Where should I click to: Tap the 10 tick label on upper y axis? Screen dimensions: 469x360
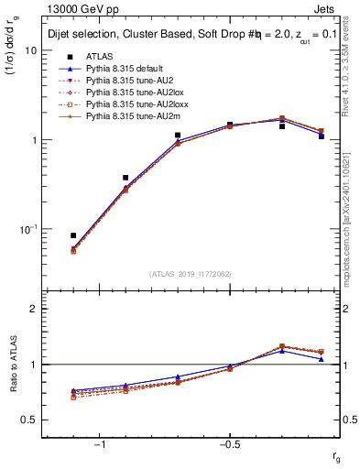point(30,51)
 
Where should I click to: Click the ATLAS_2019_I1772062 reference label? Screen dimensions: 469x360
point(191,274)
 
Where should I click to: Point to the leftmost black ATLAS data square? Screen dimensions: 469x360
point(73,235)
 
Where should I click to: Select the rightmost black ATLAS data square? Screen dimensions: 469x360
point(321,136)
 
